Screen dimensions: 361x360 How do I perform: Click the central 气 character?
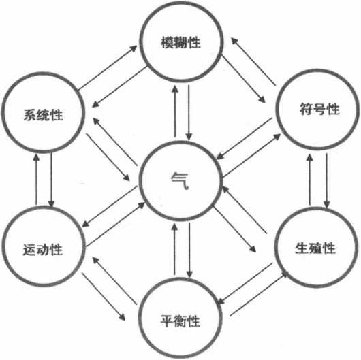[x=180, y=181]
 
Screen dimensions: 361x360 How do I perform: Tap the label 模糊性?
[x=180, y=42]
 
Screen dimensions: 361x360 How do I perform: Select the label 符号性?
[x=319, y=109]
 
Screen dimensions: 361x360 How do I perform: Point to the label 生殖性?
[x=315, y=248]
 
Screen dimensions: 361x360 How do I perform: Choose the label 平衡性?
[x=180, y=321]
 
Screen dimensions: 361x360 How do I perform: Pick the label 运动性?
[x=43, y=250]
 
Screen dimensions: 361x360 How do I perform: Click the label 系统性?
[x=43, y=114]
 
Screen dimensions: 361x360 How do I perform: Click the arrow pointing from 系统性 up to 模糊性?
[x=108, y=67]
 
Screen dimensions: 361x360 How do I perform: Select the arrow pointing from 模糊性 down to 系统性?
[x=119, y=86]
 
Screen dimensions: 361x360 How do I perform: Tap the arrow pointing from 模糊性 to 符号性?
[x=243, y=79]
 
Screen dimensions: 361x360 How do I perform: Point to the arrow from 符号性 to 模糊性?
[x=253, y=61]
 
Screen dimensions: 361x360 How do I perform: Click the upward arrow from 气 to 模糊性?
[x=175, y=112]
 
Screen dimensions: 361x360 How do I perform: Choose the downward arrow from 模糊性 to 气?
[x=189, y=113]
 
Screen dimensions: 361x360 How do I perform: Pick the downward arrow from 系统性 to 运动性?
[x=51, y=180]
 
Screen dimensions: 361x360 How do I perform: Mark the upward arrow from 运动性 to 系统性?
[x=36, y=180]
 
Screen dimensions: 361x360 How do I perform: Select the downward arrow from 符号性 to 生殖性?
[x=327, y=180]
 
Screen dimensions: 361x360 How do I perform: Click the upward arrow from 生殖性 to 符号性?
[x=310, y=180]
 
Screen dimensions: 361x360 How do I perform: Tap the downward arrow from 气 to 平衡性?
[x=189, y=250]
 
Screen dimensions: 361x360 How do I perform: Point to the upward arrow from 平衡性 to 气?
[x=175, y=249]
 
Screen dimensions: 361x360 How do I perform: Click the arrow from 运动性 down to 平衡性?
[x=104, y=297]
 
